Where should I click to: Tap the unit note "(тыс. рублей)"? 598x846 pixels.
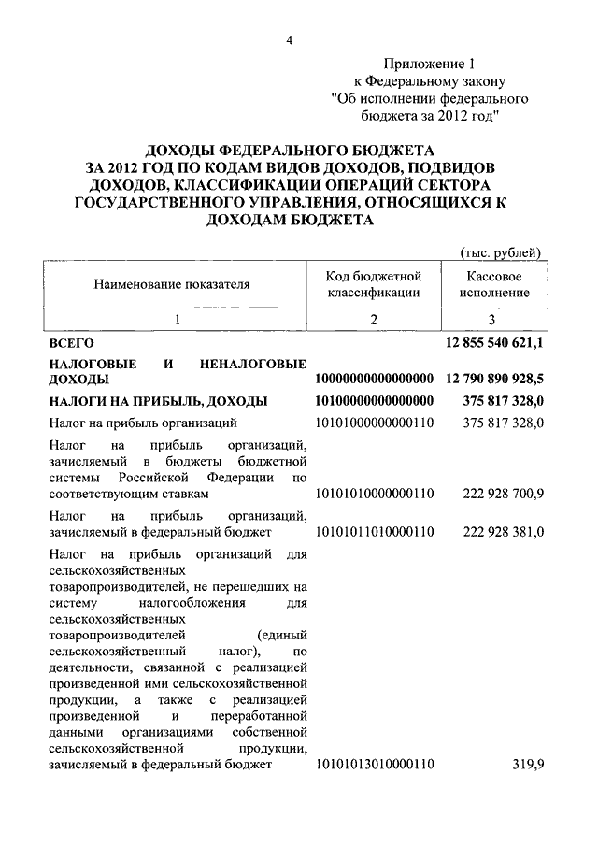pyautogui.click(x=501, y=251)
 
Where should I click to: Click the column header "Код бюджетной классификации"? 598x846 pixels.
pyautogui.click(x=374, y=284)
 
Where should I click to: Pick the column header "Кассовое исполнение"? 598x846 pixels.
pyautogui.click(x=494, y=284)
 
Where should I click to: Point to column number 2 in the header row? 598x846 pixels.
pyautogui.click(x=374, y=320)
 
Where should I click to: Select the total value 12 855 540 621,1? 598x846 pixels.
pyautogui.click(x=495, y=345)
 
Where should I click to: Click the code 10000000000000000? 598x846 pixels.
pyautogui.click(x=375, y=380)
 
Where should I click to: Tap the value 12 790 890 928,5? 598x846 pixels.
pyautogui.click(x=495, y=380)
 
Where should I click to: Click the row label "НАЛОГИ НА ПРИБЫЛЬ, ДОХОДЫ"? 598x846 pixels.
pyautogui.click(x=158, y=401)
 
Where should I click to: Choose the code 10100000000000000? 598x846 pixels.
pyautogui.click(x=375, y=401)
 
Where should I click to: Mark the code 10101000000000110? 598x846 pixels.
pyautogui.click(x=375, y=423)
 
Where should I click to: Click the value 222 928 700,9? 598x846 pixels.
pyautogui.click(x=504, y=494)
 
